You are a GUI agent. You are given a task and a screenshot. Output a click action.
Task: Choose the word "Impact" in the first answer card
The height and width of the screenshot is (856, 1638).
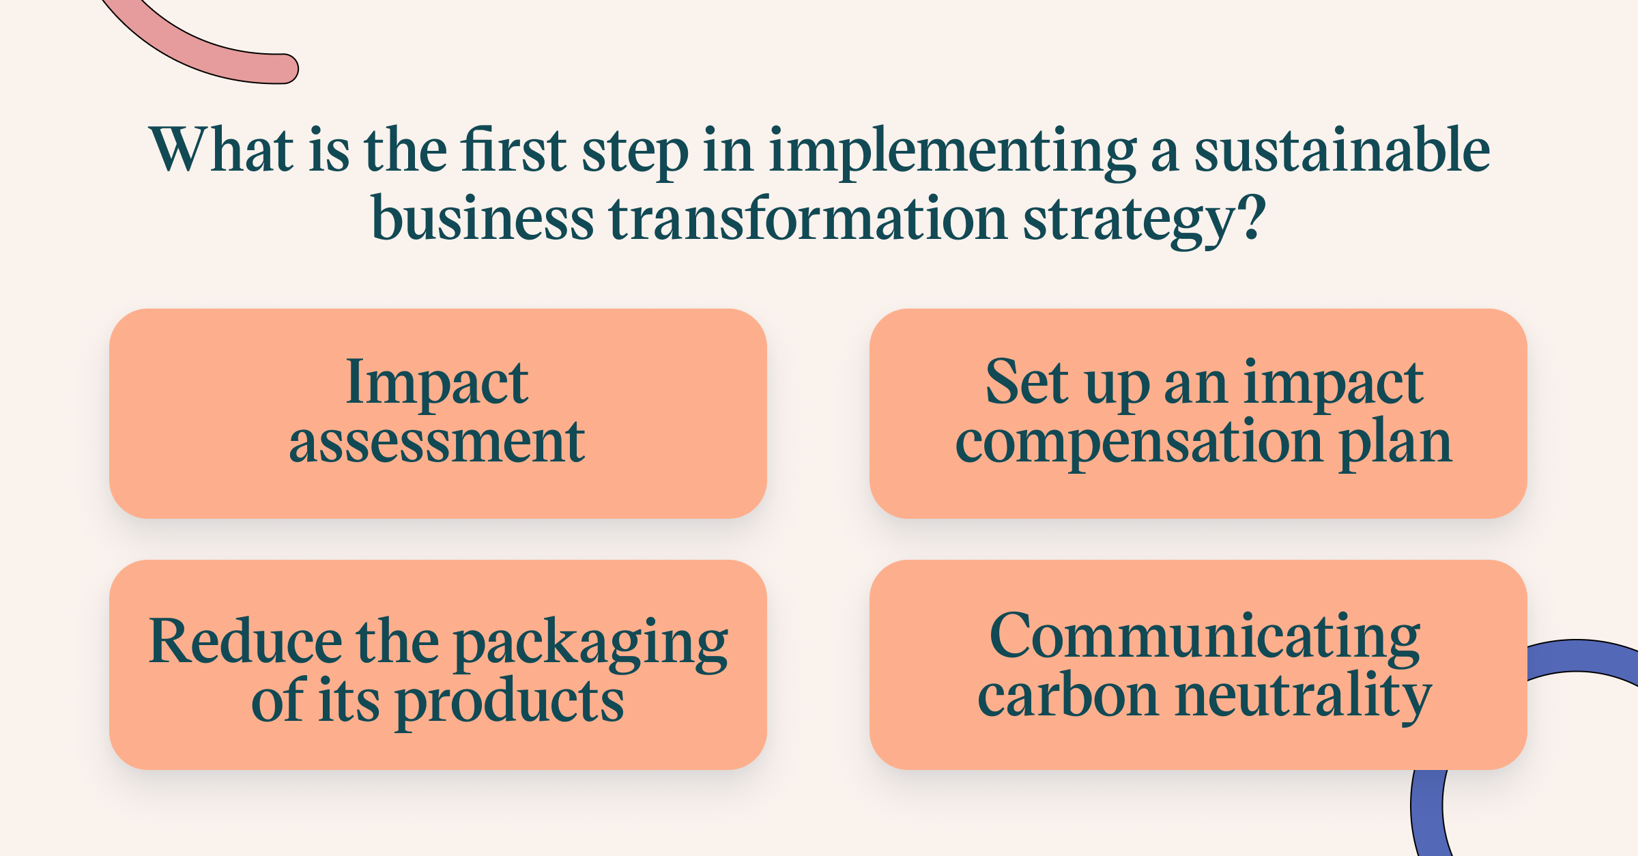[x=437, y=384]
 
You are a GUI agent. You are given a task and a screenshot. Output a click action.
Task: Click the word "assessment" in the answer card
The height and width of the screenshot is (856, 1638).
[x=437, y=442]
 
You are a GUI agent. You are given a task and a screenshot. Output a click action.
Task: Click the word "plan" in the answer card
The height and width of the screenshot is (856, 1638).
[x=1395, y=444]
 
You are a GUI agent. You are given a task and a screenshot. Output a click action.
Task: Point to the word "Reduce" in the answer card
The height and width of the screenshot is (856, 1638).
[x=246, y=640]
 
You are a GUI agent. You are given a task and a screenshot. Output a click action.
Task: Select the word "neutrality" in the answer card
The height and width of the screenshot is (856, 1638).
[x=1303, y=698]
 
